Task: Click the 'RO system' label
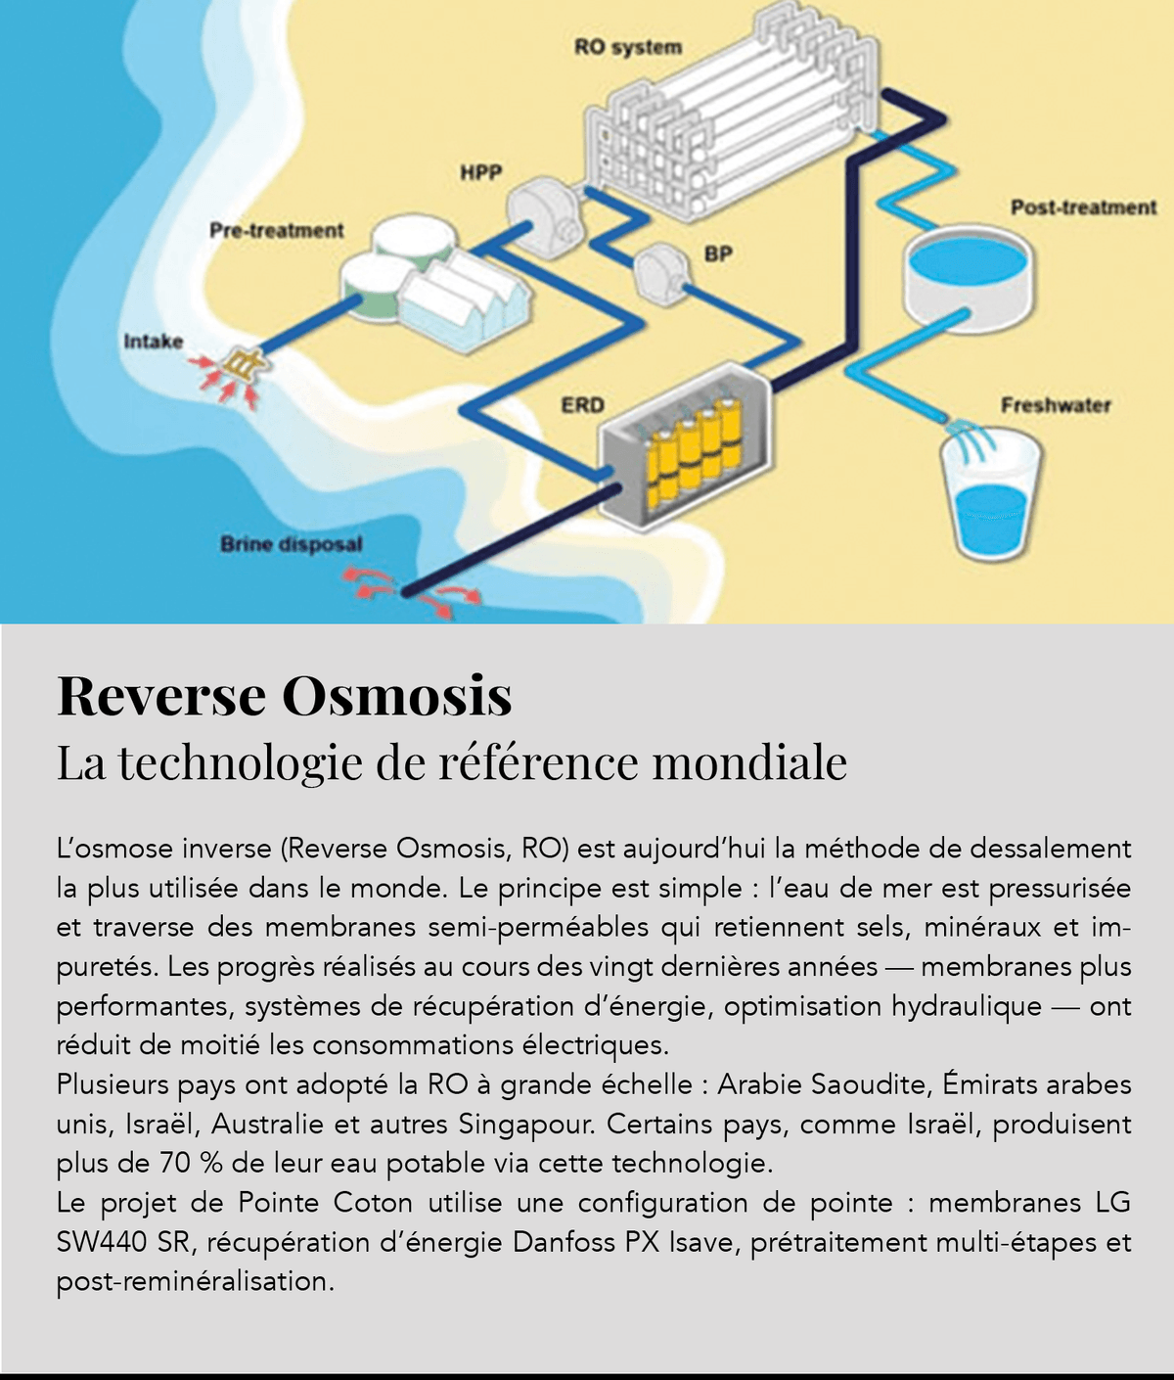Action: [627, 47]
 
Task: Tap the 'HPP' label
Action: [480, 173]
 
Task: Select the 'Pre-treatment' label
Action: [277, 230]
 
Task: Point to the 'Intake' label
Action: [153, 342]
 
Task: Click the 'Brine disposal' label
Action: [291, 544]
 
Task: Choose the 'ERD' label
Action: [582, 404]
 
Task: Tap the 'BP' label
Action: [718, 253]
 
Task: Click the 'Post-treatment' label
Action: [1083, 207]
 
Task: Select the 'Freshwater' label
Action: [1056, 405]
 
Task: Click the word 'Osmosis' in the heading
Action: [397, 696]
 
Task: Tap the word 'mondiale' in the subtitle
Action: [749, 763]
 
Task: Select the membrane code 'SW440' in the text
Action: [102, 1242]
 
